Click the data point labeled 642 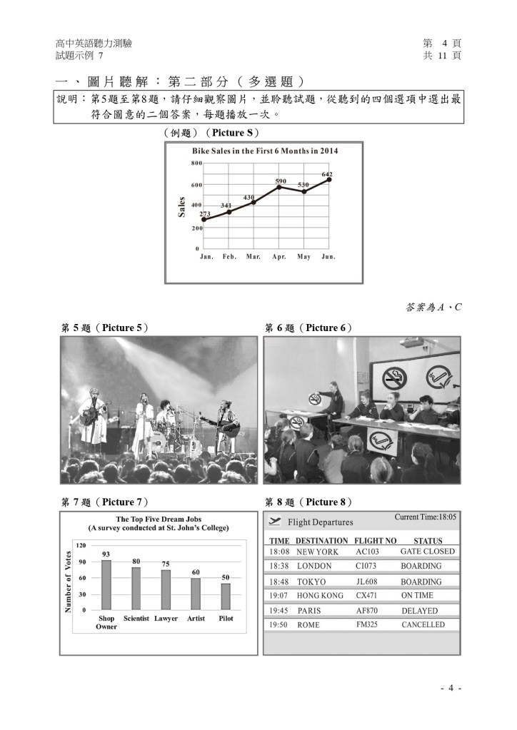(329, 180)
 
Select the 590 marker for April (280, 187)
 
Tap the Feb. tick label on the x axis (229, 256)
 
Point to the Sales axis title (181, 207)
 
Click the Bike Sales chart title (265, 151)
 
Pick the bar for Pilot (226, 597)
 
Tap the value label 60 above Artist (196, 572)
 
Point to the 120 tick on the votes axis (81, 545)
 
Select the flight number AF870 (368, 611)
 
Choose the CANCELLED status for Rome (423, 624)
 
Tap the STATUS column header (428, 541)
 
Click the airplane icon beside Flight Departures (276, 521)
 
